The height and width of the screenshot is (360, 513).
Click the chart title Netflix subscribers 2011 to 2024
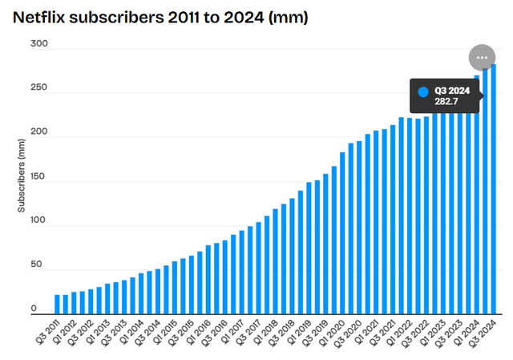(161, 16)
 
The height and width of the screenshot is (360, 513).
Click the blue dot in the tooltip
(424, 91)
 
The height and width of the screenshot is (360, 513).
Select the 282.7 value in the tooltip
(446, 100)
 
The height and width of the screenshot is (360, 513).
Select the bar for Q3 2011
(58, 305)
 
